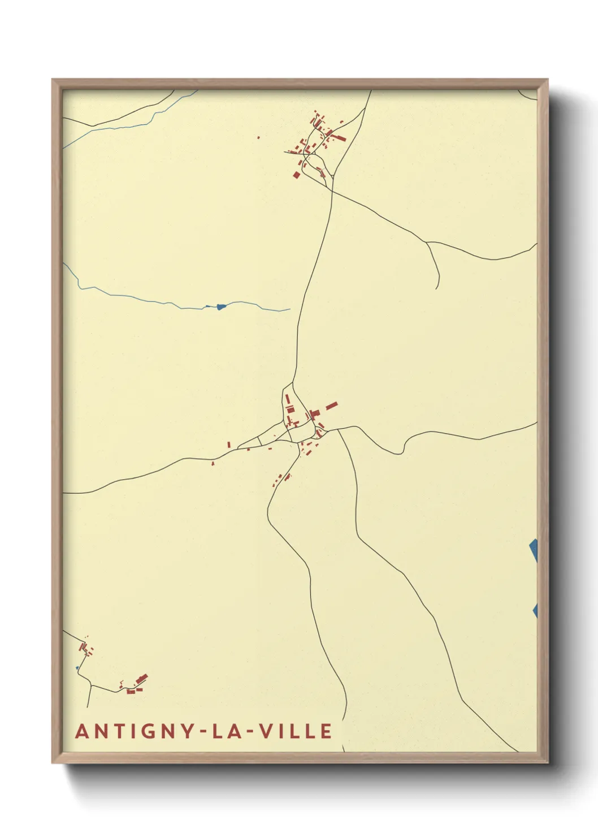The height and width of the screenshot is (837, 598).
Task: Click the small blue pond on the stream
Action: pyautogui.click(x=220, y=307)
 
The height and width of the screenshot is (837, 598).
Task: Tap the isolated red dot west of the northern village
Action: pyautogui.click(x=258, y=137)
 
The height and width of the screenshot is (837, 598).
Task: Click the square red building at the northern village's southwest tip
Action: pyautogui.click(x=296, y=174)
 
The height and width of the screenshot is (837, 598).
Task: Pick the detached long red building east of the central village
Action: pyautogui.click(x=331, y=405)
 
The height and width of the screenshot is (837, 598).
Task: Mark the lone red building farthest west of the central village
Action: pyautogui.click(x=213, y=464)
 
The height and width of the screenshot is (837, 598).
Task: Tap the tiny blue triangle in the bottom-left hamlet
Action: pyautogui.click(x=77, y=668)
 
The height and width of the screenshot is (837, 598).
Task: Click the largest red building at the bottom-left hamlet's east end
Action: pyautogui.click(x=141, y=678)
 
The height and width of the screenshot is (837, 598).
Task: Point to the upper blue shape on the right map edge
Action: pyautogui.click(x=534, y=550)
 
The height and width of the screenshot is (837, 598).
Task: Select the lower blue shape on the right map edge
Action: pyautogui.click(x=535, y=610)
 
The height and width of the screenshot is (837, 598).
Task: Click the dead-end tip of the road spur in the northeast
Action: pyautogui.click(x=437, y=288)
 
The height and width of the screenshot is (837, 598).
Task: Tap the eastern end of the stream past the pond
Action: pyautogui.click(x=289, y=309)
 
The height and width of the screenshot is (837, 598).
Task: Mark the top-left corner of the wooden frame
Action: pyautogui.click(x=53, y=80)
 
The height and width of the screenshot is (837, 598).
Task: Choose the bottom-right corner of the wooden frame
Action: pyautogui.click(x=547, y=762)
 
